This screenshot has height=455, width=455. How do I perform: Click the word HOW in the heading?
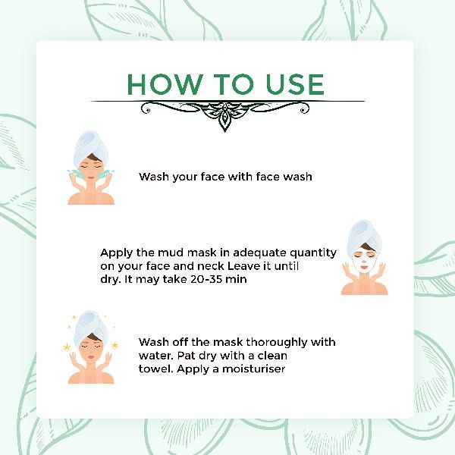(x=165, y=84)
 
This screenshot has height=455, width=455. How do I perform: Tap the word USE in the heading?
(x=295, y=84)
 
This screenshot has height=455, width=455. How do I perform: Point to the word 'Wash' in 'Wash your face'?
(x=154, y=177)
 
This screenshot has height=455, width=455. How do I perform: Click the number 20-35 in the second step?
(x=206, y=279)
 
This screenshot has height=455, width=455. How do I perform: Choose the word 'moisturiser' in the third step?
(x=253, y=369)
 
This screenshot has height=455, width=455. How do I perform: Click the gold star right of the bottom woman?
(x=115, y=345)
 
